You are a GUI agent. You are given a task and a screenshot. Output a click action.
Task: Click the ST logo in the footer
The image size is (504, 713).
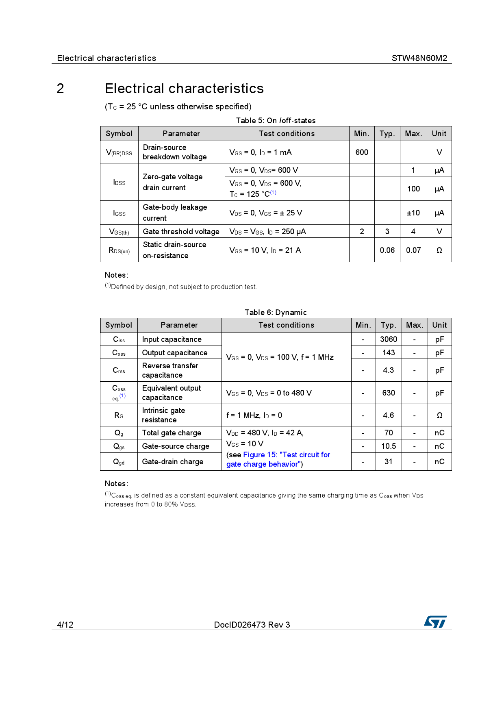click(x=435, y=622)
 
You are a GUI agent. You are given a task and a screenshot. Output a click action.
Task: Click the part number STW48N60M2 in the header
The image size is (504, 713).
click(x=419, y=58)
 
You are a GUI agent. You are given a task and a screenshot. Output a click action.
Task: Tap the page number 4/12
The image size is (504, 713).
click(x=65, y=625)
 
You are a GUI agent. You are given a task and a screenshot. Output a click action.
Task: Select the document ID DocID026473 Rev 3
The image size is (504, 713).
click(x=252, y=625)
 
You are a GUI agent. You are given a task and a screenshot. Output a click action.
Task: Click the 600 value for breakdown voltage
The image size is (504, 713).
click(x=362, y=152)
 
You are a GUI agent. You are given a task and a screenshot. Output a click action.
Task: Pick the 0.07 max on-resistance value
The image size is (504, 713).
click(x=413, y=250)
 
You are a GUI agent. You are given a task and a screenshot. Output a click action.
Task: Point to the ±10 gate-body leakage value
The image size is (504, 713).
click(x=413, y=213)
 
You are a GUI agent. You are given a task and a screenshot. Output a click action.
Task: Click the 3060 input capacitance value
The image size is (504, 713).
click(x=389, y=339)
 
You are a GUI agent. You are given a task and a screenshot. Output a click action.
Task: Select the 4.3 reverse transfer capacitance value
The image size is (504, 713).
click(x=389, y=370)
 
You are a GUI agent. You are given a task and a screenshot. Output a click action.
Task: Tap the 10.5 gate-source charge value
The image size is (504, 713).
click(x=389, y=446)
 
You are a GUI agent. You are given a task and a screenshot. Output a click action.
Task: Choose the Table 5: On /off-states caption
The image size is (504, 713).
click(x=276, y=121)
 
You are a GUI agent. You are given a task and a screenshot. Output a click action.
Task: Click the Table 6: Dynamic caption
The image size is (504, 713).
click(x=276, y=313)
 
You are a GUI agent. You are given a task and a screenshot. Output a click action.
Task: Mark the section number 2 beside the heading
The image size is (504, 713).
click(x=60, y=89)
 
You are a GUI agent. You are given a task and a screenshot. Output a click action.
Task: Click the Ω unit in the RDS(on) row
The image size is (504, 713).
click(x=439, y=250)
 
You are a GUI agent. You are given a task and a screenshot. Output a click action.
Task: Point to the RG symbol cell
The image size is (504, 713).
click(x=119, y=415)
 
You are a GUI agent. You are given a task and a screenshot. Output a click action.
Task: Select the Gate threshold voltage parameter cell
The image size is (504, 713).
click(x=181, y=232)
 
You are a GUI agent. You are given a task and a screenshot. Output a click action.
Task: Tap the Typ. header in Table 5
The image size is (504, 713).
click(x=387, y=134)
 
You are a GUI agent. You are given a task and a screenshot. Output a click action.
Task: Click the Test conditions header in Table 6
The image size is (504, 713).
click(x=286, y=325)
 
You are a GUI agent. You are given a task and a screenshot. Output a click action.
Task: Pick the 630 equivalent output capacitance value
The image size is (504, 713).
click(x=389, y=393)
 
